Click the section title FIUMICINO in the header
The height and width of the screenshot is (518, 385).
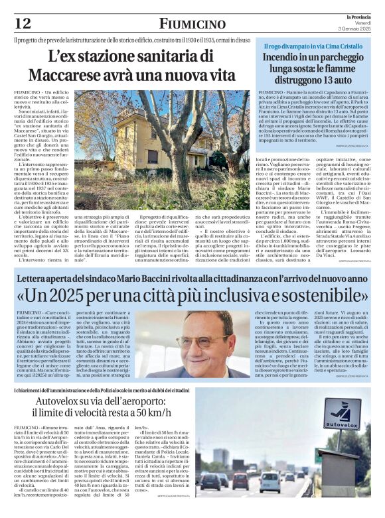(x=193, y=24)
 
